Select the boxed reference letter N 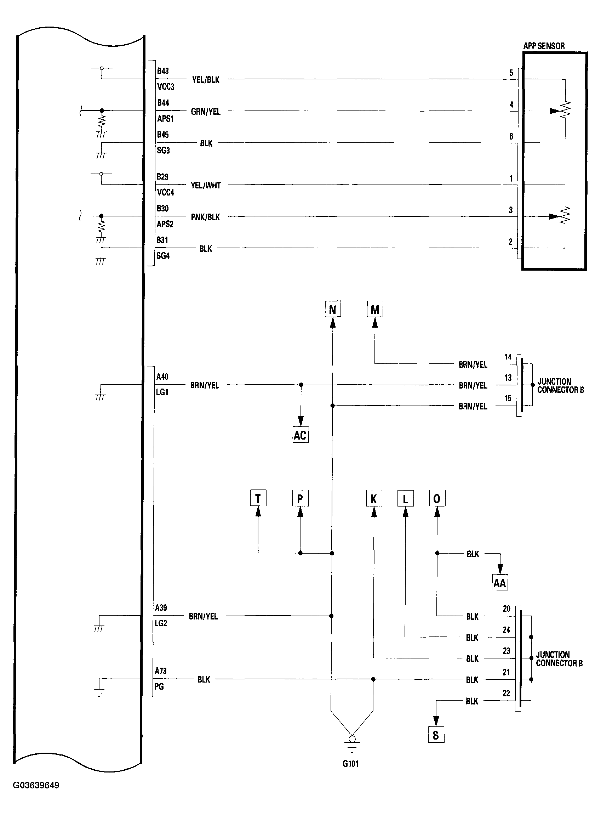click(332, 310)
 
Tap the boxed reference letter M click(375, 310)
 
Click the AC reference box click(300, 435)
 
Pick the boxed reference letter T click(258, 498)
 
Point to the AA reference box click(500, 583)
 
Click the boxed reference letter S click(436, 735)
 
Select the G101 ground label click(351, 764)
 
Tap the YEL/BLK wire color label click(206, 80)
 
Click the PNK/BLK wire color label click(205, 217)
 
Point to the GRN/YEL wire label click(206, 112)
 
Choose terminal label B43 click(162, 71)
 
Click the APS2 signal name click(165, 224)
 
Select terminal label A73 click(161, 671)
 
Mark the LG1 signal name click(162, 392)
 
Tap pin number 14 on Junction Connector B click(508, 357)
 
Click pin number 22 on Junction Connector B click(506, 694)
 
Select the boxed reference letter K click(374, 499)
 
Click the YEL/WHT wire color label click(206, 186)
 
